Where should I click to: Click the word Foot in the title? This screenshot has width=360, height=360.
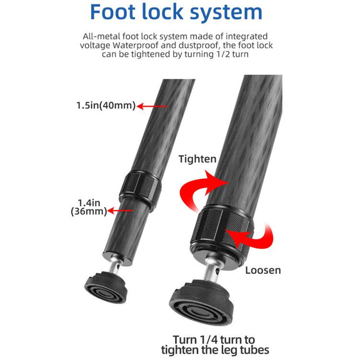click(x=113, y=12)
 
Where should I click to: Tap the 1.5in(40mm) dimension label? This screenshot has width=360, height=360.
click(x=106, y=106)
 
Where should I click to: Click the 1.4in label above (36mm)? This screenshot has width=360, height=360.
click(x=89, y=203)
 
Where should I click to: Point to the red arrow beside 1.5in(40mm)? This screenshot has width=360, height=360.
click(x=152, y=106)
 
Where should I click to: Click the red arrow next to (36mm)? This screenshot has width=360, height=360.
click(x=120, y=211)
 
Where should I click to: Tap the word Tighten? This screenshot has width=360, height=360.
click(x=197, y=159)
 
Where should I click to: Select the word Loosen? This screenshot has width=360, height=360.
click(x=263, y=270)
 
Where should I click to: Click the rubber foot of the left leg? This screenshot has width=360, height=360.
click(x=106, y=287)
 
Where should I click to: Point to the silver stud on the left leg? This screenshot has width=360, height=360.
click(x=114, y=266)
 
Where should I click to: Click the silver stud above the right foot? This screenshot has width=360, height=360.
click(x=212, y=271)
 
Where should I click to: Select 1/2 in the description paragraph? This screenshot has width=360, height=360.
click(x=224, y=54)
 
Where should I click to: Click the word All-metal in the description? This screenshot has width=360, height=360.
click(x=101, y=36)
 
